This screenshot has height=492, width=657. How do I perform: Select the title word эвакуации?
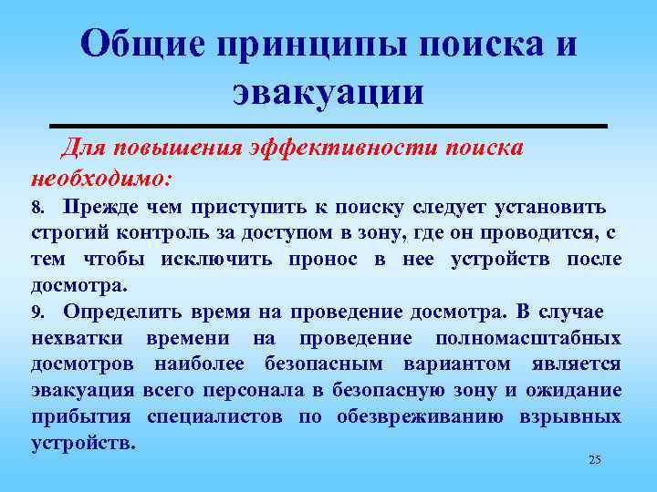pos(328,92)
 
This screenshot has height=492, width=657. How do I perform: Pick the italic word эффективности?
pos(340,148)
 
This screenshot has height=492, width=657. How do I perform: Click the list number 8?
pos(36,208)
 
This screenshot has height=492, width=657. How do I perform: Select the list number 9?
pos(36,312)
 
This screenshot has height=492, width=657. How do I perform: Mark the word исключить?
pos(216,260)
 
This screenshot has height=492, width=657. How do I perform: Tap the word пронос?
pos(322,260)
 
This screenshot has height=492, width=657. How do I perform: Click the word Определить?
pos(123,312)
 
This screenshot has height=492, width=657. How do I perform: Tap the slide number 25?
pos(594,460)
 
